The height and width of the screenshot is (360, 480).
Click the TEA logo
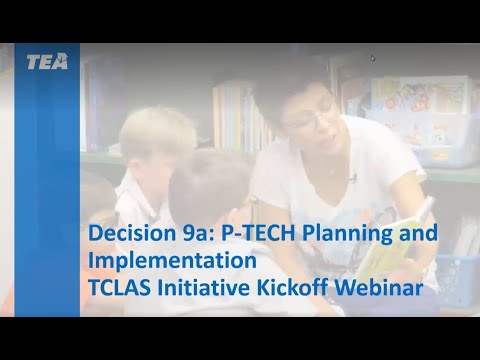tap(47, 62)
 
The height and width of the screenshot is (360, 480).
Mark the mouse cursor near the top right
tap(372, 58)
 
